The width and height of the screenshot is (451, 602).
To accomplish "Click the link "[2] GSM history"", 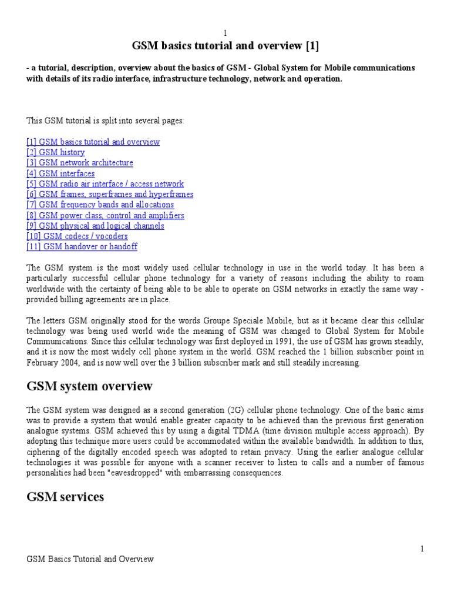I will pyautogui.click(x=55, y=152).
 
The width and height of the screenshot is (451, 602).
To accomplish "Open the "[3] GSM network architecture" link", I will pyautogui.click(x=79, y=163).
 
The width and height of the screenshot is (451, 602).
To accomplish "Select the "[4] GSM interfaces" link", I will pyautogui.click(x=60, y=173).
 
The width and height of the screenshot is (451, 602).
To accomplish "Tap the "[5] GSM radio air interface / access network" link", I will pyautogui.click(x=105, y=184).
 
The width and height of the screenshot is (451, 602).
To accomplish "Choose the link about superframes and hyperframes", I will pyautogui.click(x=109, y=195).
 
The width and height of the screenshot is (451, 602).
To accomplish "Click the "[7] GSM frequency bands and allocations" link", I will pyautogui.click(x=100, y=205).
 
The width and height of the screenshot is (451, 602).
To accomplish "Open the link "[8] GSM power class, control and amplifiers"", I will pyautogui.click(x=105, y=215).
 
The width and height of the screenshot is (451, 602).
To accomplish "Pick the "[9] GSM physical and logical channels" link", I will pyautogui.click(x=95, y=226).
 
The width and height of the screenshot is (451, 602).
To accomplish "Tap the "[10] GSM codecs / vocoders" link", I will pyautogui.click(x=76, y=236).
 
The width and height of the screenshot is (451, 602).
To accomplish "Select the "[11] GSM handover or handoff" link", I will pyautogui.click(x=82, y=247).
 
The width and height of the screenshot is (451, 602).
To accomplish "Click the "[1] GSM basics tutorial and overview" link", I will pyautogui.click(x=93, y=142).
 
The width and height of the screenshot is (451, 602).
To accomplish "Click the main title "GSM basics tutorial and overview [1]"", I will pyautogui.click(x=224, y=46).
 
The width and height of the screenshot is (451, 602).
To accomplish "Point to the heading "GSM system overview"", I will pyautogui.click(x=89, y=386).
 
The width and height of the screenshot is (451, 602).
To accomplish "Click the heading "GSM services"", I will pyautogui.click(x=65, y=497).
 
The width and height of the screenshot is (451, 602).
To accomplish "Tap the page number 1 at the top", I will pyautogui.click(x=224, y=33).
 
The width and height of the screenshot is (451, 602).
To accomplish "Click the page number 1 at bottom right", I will pyautogui.click(x=421, y=549).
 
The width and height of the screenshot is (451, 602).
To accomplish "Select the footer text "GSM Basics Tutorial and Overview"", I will pyautogui.click(x=90, y=559).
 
